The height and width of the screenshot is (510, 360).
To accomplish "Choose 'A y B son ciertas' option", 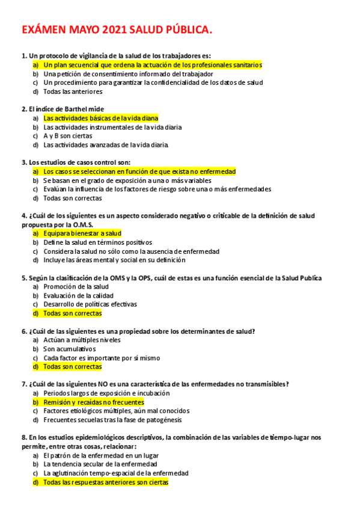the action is coord(67,136).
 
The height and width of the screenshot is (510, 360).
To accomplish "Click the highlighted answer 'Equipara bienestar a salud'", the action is coord(82,233).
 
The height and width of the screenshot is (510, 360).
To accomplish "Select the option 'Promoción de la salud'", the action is coord(76,287).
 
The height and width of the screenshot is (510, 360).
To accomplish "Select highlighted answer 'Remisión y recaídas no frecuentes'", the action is coord(93,402).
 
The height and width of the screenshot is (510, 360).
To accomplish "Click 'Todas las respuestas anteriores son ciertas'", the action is coord(106,482).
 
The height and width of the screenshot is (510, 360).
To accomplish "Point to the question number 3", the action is coord(23,162).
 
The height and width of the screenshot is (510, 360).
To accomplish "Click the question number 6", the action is coord(23,331).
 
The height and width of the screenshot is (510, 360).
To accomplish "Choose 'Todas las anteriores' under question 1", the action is coord(73,91).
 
